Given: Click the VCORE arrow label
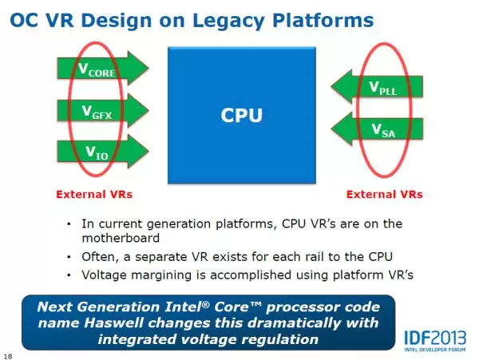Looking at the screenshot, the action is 97,69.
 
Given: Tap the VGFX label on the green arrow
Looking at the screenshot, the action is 97,112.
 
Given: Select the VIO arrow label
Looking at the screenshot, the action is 97,152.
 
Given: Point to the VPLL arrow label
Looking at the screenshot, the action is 382,88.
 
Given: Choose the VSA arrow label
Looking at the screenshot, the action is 383,130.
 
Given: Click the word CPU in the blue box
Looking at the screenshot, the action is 241,116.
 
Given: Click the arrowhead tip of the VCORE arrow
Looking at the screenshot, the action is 148,68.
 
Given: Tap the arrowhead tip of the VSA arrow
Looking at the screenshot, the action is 331,129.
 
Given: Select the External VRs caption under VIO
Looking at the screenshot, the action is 94,195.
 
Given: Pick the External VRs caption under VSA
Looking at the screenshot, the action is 385,195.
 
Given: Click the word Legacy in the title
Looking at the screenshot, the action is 228,21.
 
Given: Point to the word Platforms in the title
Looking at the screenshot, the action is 323,21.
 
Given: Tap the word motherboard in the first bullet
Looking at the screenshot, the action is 121,238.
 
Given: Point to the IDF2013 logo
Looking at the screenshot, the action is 435,341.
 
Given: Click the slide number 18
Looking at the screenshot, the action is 8,356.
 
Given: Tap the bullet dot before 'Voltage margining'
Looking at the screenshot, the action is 69,275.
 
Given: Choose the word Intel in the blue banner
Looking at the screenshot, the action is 187,307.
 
